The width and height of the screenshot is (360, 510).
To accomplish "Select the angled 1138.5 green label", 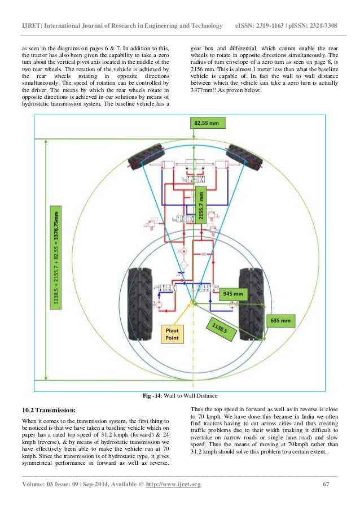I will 225,330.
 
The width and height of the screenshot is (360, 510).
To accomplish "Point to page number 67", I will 325,485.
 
